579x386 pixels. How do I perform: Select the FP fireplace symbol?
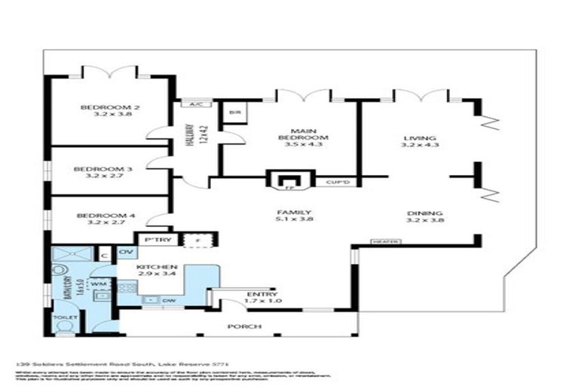[x=286, y=182]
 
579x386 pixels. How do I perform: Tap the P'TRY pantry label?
[x=149, y=240]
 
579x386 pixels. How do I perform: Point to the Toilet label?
[x=65, y=317]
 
